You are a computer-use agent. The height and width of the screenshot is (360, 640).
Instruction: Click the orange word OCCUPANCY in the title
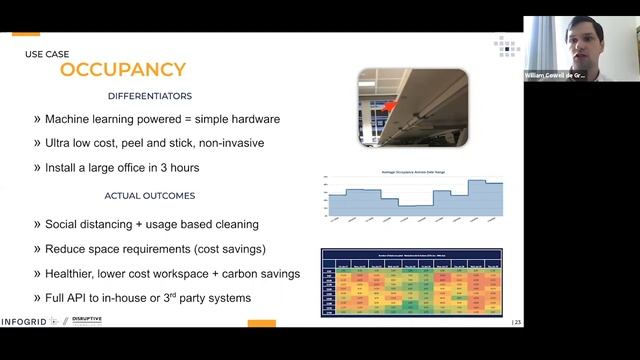pos(123,69)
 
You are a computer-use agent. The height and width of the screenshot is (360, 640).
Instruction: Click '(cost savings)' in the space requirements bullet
pos(230,248)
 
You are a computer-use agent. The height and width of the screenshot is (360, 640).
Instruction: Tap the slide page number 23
pos(516,322)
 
